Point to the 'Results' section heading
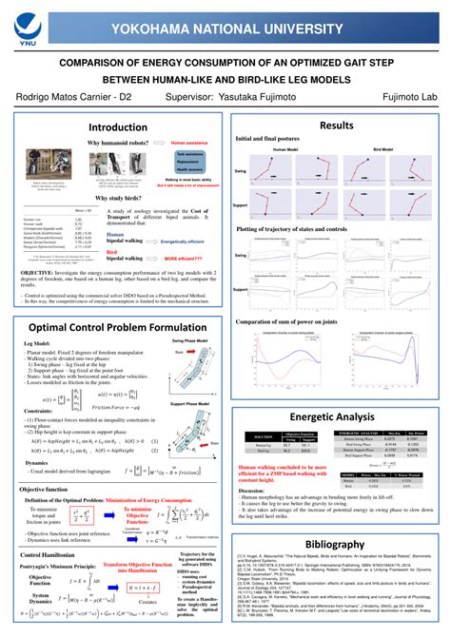[337, 125]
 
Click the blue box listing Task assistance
[189, 161]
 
